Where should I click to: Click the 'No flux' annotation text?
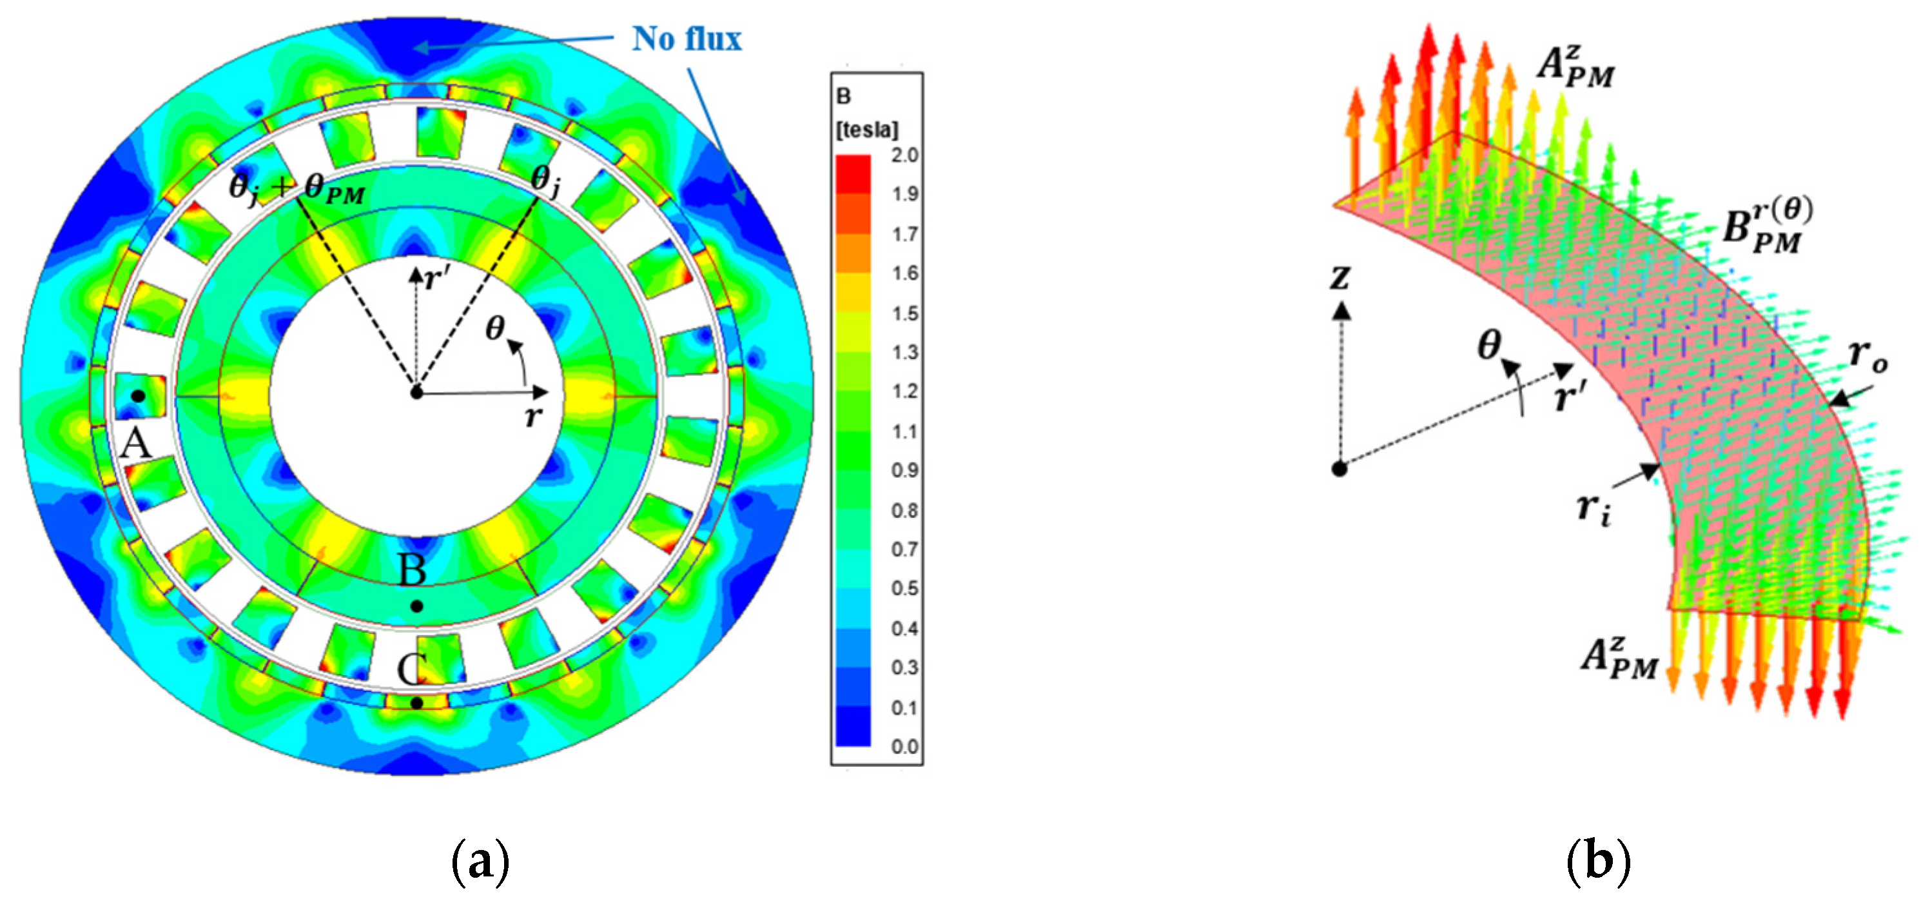point(687,39)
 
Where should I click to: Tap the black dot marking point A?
point(138,395)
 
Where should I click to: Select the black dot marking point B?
point(417,606)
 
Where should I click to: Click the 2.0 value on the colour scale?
point(904,155)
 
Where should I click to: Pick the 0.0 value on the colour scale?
point(904,747)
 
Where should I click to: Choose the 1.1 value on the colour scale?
point(904,431)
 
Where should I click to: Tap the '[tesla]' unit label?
point(867,130)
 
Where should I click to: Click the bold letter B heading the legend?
point(844,96)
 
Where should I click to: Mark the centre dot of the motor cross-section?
point(416,392)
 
